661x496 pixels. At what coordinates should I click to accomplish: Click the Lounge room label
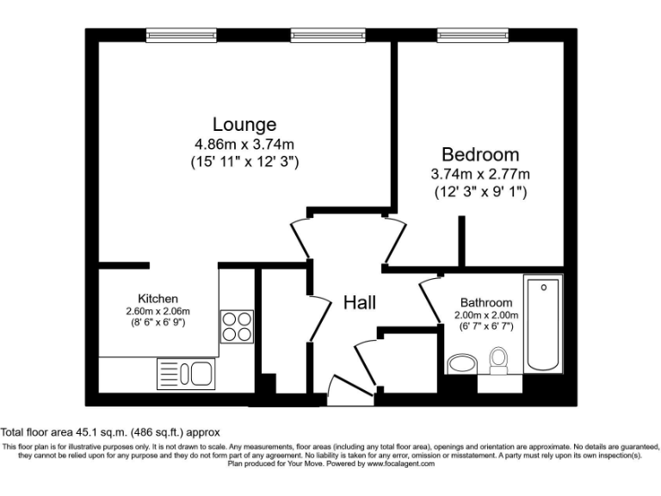point(245,124)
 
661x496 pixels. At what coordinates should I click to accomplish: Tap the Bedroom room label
point(479,155)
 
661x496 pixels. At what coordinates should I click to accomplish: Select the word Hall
point(360,302)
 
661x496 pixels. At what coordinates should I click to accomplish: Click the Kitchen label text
point(158,298)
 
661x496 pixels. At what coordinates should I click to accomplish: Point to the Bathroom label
point(485,303)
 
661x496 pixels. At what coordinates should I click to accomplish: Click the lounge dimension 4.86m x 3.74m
point(245,144)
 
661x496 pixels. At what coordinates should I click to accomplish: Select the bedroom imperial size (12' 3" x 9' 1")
point(479,192)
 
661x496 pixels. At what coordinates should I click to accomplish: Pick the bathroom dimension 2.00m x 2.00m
point(485,315)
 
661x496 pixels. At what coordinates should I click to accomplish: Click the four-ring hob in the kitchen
point(237,326)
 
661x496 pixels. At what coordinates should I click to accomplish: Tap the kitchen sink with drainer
point(185,374)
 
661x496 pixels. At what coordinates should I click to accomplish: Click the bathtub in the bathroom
point(542,324)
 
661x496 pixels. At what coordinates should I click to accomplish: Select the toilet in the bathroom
point(497,359)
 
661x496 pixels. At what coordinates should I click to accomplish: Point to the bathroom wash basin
point(462,363)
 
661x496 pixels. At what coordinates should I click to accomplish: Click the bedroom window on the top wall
point(473,35)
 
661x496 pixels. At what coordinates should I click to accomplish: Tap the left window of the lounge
point(181,35)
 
